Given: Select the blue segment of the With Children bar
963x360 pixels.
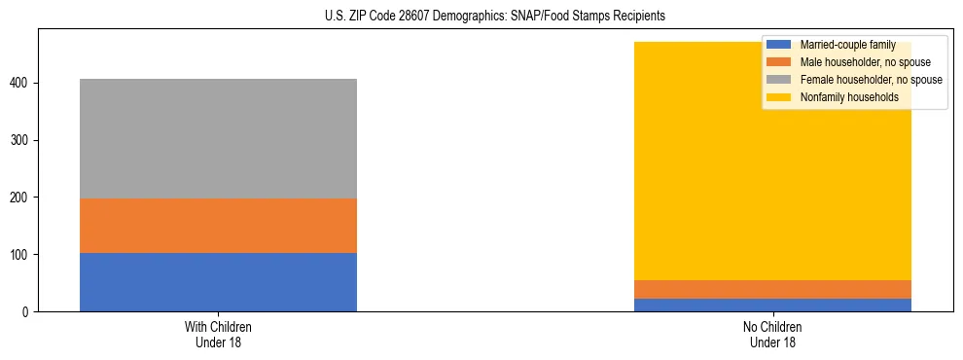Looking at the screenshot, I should tap(218, 282).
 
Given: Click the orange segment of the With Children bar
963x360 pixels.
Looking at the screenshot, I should tap(218, 226).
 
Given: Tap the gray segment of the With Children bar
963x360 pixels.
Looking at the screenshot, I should tap(218, 138).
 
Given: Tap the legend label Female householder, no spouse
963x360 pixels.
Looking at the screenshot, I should tap(871, 80).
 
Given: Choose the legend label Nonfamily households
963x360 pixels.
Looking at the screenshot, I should tap(848, 97).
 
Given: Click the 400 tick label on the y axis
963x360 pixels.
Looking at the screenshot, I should tap(20, 84).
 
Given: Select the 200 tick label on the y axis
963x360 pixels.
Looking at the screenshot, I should tap(20, 198).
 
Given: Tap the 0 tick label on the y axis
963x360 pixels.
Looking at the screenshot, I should tap(27, 311).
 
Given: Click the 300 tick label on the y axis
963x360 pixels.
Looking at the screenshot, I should tap(20, 141).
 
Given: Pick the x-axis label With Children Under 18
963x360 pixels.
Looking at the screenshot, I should tap(218, 334).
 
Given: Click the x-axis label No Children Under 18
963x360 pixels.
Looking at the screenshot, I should tap(772, 334).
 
